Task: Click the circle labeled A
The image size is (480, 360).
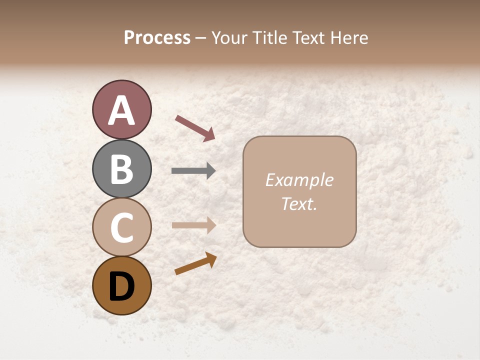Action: (x=121, y=109)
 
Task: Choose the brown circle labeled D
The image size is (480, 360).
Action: (x=121, y=285)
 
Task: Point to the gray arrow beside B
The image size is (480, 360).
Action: (x=193, y=171)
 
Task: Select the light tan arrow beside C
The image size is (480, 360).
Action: (x=193, y=225)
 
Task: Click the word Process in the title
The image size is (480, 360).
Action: (x=157, y=38)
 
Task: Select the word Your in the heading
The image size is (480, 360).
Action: (x=229, y=38)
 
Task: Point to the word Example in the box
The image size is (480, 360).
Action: (x=299, y=180)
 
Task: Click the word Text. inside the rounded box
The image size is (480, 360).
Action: (x=299, y=204)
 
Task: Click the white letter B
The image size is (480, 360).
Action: (x=121, y=168)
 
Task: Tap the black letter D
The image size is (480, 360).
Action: (x=121, y=286)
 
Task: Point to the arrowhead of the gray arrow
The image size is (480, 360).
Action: (x=210, y=171)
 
